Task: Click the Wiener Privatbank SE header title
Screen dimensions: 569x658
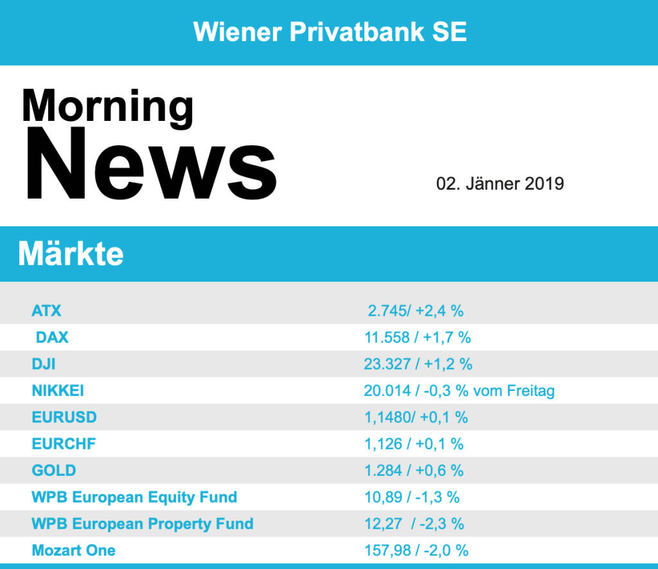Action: tap(330, 32)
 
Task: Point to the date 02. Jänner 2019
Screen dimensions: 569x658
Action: tap(500, 184)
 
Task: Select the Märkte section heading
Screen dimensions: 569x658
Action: tap(71, 254)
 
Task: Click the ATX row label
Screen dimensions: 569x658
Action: tap(46, 311)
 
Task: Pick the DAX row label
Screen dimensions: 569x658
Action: tap(52, 338)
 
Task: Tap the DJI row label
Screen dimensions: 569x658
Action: tap(43, 364)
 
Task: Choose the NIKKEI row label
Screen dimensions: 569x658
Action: tap(58, 391)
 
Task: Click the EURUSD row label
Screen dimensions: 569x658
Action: tap(64, 417)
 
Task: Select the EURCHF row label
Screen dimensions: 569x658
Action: tap(64, 444)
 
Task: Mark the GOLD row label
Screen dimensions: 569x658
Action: tap(54, 471)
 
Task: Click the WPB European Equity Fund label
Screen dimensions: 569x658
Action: tap(134, 497)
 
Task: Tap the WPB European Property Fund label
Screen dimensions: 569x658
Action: tap(142, 524)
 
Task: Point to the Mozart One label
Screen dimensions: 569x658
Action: tap(74, 550)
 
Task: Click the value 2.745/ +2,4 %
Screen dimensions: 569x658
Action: tap(416, 311)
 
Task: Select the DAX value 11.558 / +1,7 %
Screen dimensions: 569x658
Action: tap(418, 338)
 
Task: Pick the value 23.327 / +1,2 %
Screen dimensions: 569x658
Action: tap(418, 364)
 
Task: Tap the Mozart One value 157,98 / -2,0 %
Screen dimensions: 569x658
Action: tap(416, 550)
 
